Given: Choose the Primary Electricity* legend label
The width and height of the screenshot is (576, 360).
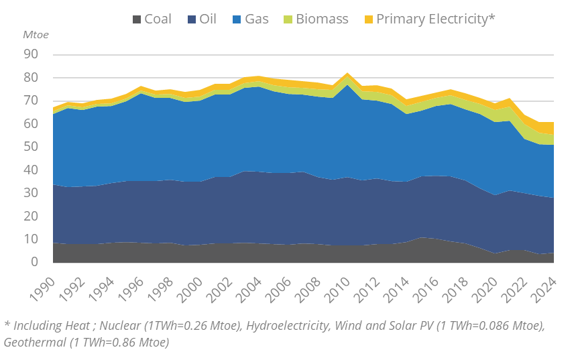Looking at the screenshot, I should pyautogui.click(x=435, y=19).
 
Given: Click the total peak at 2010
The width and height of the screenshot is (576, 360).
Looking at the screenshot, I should pyautogui.click(x=347, y=73).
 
